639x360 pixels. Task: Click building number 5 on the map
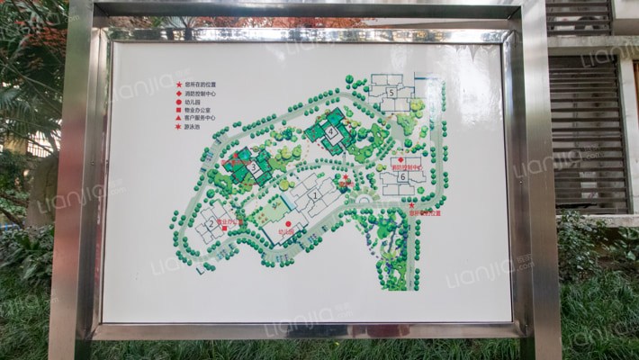(391, 93)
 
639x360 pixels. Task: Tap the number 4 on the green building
(330, 131)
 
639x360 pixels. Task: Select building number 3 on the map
(254, 166)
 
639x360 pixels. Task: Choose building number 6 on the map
(402, 177)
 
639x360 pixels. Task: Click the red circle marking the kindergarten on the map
(288, 223)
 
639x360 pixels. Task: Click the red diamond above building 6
(400, 160)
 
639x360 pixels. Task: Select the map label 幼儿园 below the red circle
(288, 231)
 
